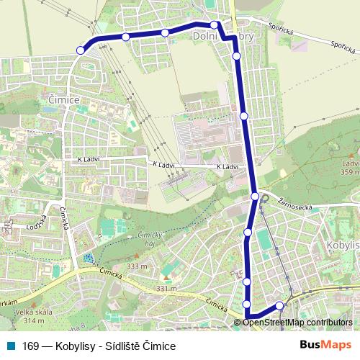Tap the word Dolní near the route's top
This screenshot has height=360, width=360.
click(x=206, y=35)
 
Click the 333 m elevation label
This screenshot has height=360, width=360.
click(x=136, y=266)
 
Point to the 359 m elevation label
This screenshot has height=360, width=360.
click(x=350, y=171)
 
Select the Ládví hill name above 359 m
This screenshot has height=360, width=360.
click(x=351, y=163)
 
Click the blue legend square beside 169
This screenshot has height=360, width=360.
click(x=11, y=346)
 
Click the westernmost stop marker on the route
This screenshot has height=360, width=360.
click(x=80, y=50)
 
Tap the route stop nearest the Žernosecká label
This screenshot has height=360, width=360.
click(x=254, y=196)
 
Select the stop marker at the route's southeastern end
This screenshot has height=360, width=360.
click(x=279, y=305)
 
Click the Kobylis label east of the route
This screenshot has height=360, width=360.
click(x=343, y=245)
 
